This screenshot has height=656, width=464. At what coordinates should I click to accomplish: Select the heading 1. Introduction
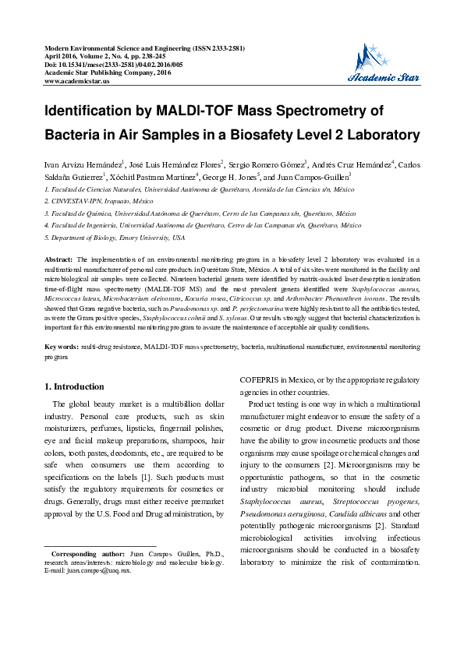point(74,386)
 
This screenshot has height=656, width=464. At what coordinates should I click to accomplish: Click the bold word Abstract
point(59,259)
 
